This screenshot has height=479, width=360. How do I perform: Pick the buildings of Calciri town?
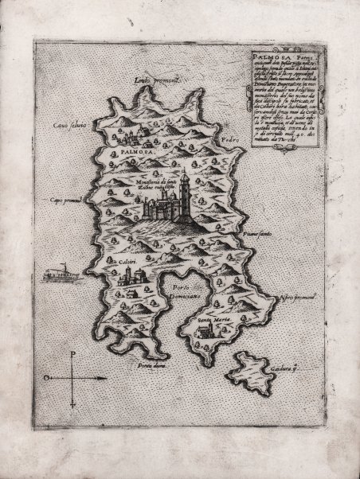coord(127,277)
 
